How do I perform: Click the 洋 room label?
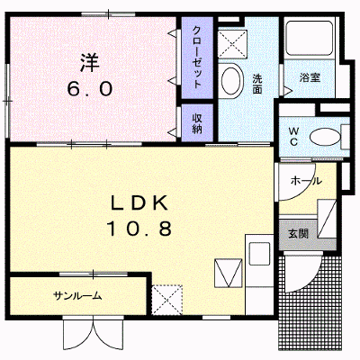(89, 62)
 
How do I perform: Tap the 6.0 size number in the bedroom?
(90, 89)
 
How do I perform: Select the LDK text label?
(139, 203)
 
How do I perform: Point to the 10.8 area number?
(139, 229)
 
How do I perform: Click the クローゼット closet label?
(197, 58)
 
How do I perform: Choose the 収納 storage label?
(197, 123)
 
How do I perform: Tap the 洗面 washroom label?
(257, 85)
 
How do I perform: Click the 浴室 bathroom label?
(310, 77)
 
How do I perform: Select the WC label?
(293, 137)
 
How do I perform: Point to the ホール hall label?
(306, 181)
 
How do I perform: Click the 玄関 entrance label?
(298, 234)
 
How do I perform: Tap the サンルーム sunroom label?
(77, 296)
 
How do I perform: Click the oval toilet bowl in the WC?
(325, 139)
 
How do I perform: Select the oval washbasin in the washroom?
(231, 80)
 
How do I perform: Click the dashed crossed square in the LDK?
(167, 300)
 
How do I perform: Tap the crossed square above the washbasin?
(231, 44)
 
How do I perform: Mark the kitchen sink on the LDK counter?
(258, 253)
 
